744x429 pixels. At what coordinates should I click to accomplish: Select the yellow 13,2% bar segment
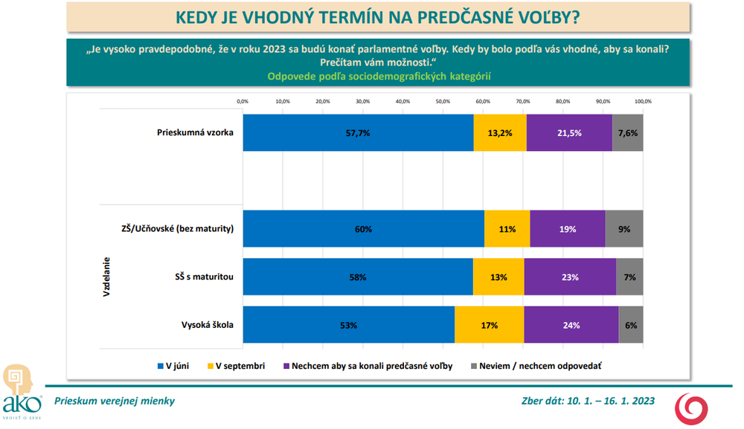pyautogui.click(x=500, y=133)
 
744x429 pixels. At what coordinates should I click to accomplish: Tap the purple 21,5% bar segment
pyautogui.click(x=569, y=133)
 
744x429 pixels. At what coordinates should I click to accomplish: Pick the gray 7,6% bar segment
pyautogui.click(x=628, y=133)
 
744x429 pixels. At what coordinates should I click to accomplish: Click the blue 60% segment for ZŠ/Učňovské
pyautogui.click(x=364, y=229)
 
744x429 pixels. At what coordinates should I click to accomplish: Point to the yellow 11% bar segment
pyautogui.click(x=507, y=229)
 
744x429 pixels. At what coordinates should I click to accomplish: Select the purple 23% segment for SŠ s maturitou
pyautogui.click(x=570, y=277)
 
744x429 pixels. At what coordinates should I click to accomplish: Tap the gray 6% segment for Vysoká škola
pyautogui.click(x=631, y=325)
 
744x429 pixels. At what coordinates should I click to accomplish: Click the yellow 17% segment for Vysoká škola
pyautogui.click(x=489, y=325)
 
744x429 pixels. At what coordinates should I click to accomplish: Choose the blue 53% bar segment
pyautogui.click(x=349, y=325)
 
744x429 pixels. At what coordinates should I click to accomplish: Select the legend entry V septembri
pyautogui.click(x=236, y=366)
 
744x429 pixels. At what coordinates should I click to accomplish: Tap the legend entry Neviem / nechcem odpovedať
pyautogui.click(x=535, y=366)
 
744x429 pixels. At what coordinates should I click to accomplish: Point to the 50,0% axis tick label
pyautogui.click(x=443, y=101)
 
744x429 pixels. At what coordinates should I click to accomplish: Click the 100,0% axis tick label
pyautogui.click(x=643, y=101)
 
